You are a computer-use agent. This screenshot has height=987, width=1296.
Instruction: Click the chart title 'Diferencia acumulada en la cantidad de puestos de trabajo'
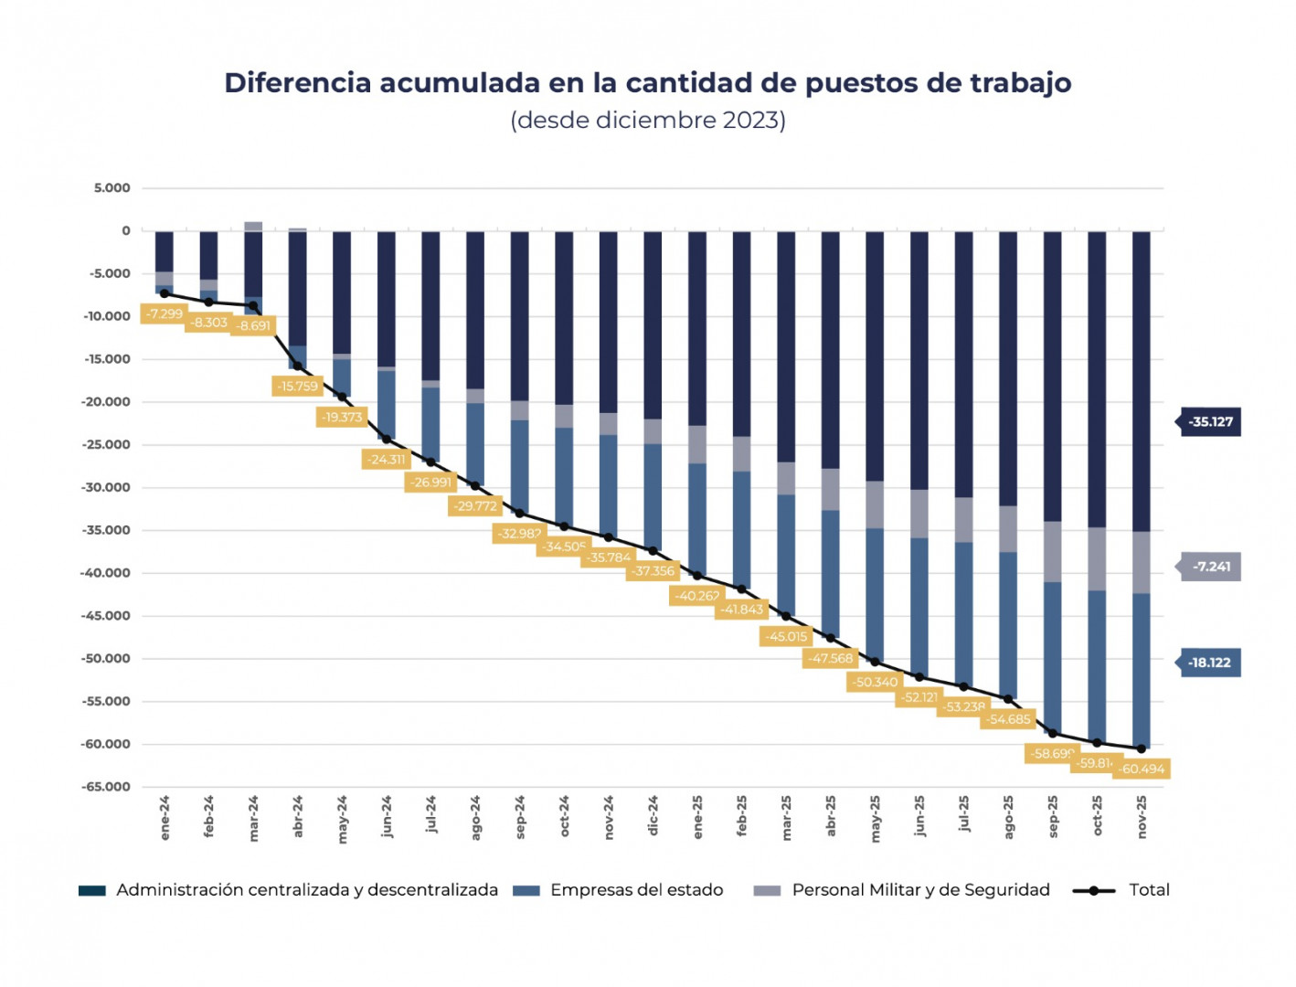pyautogui.click(x=647, y=83)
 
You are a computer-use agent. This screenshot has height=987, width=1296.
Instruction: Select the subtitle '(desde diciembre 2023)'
pyautogui.click(x=647, y=121)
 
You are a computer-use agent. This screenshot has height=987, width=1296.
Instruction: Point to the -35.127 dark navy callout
pyautogui.click(x=1210, y=422)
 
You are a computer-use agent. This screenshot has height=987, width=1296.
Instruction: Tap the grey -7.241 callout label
pyautogui.click(x=1211, y=567)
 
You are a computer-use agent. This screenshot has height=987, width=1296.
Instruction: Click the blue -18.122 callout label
pyautogui.click(x=1209, y=663)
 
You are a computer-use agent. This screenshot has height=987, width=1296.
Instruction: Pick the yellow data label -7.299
pyautogui.click(x=165, y=313)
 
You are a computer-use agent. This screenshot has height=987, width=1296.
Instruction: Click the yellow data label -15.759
pyautogui.click(x=298, y=387)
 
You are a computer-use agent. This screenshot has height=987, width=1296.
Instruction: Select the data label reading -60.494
pyautogui.click(x=1142, y=769)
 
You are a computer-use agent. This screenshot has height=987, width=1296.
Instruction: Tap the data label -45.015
pyautogui.click(x=786, y=636)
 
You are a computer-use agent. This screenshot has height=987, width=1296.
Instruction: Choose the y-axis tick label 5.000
pyautogui.click(x=112, y=188)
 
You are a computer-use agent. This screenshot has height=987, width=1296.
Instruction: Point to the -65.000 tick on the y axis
pyautogui.click(x=106, y=787)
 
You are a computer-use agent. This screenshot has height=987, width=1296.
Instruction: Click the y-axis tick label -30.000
pyautogui.click(x=106, y=487)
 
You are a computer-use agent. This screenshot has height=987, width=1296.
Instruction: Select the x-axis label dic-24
pyautogui.click(x=653, y=816)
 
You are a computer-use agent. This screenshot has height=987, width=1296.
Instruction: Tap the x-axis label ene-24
pyautogui.click(x=165, y=817)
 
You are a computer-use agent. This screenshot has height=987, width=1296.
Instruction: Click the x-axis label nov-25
pyautogui.click(x=1142, y=816)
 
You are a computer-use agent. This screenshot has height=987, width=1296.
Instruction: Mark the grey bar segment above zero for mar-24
pyautogui.click(x=253, y=227)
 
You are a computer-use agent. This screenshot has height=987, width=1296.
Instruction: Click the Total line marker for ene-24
pyautogui.click(x=165, y=294)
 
